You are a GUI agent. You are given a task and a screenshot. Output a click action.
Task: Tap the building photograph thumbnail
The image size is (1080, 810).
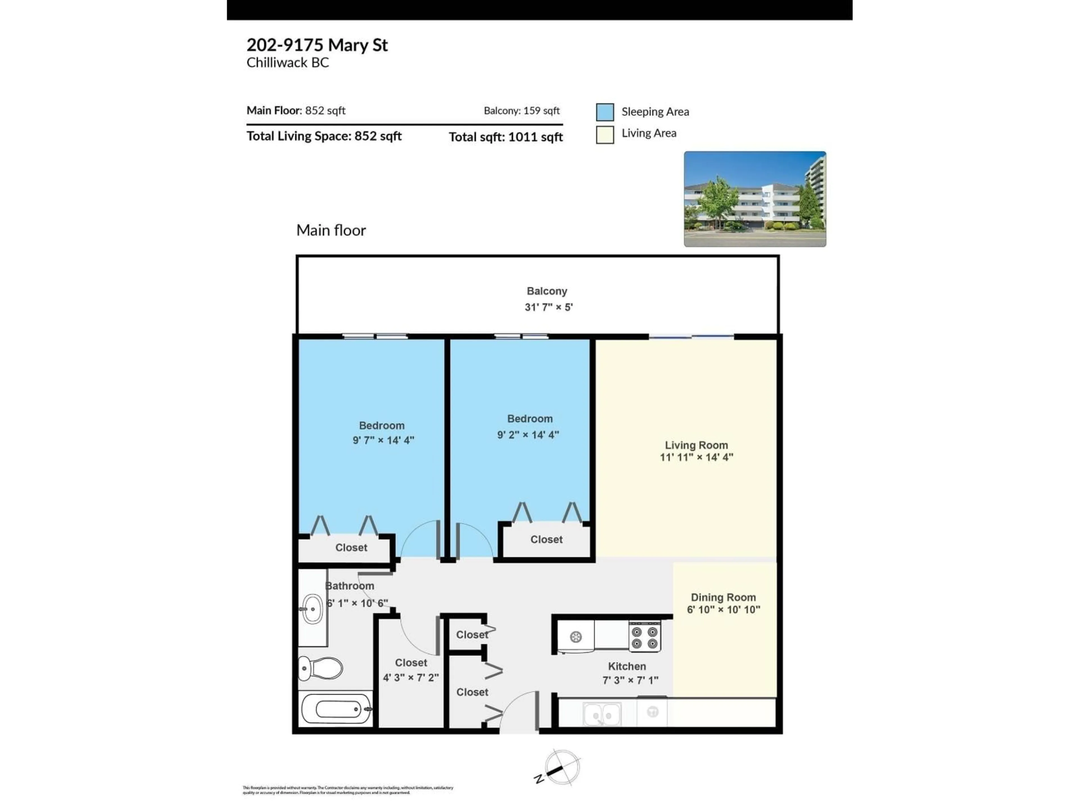(755, 199)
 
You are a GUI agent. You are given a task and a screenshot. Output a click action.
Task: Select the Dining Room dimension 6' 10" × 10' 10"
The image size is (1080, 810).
(723, 609)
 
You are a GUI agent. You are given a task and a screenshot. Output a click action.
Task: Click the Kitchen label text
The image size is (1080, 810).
(627, 666)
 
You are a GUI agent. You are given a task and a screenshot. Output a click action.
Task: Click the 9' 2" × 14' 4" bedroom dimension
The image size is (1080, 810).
(528, 435)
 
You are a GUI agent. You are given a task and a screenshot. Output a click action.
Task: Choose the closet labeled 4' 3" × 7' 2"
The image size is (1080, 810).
(411, 677)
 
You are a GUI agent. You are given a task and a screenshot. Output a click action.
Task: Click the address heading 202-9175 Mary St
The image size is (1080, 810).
(317, 45)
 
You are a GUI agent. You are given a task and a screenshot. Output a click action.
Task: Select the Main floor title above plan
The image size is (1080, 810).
(331, 230)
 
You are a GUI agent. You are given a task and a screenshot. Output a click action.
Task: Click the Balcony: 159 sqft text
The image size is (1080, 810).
(521, 111)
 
